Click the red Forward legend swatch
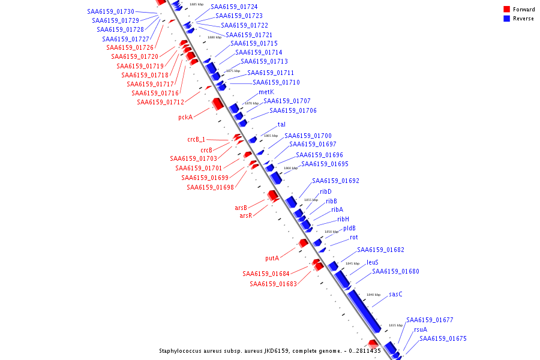(507, 9)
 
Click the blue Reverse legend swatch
(507, 19)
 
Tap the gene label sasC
(395, 294)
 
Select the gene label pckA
(185, 117)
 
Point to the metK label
(266, 92)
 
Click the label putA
(272, 258)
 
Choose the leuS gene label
(373, 262)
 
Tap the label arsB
(241, 208)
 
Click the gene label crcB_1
(196, 139)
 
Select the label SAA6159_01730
(111, 11)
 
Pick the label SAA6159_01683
(273, 284)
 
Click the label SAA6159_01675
(443, 338)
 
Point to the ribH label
(343, 219)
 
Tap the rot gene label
(354, 237)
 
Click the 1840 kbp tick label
(373, 295)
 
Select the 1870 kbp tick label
(251, 103)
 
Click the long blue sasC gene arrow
(364, 311)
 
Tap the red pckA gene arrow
(217, 103)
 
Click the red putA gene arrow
(303, 243)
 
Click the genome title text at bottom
(269, 351)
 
